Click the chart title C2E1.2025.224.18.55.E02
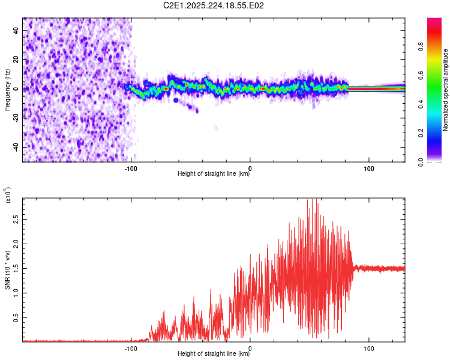213,5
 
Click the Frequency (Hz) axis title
7,89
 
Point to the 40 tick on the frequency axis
16,30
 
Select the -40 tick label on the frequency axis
16,147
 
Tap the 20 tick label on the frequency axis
16,59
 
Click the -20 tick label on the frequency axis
16,118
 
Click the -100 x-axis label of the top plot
131,169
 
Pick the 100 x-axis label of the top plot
369,169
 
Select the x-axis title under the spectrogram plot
214,173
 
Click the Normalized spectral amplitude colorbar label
445,90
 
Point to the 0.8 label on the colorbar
421,47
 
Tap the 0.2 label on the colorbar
421,133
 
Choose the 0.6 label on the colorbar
421,76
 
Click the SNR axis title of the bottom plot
7,270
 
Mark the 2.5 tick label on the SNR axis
16,220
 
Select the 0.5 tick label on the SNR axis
16,317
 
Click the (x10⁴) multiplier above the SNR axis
7,195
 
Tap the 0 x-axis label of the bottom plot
250,349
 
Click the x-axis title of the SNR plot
214,353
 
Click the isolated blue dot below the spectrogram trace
176,100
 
